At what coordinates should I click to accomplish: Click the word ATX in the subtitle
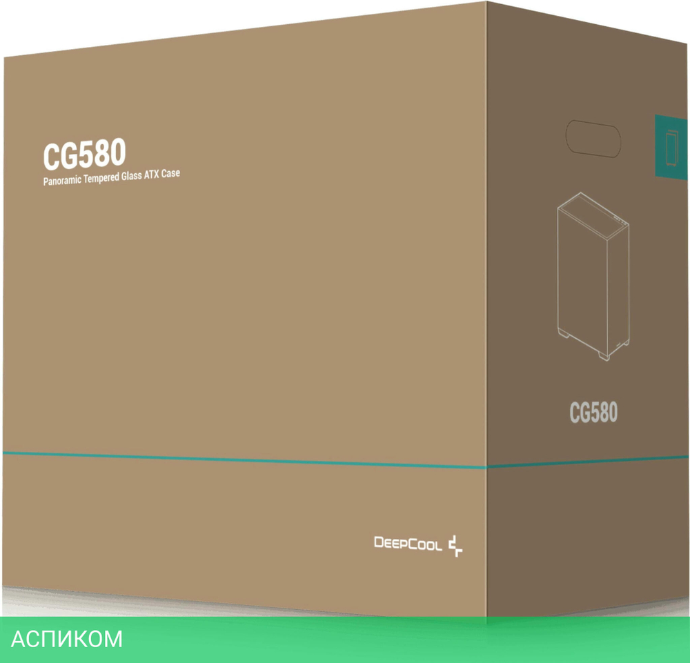pyautogui.click(x=157, y=175)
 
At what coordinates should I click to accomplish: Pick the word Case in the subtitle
pyautogui.click(x=172, y=175)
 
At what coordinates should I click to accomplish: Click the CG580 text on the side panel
pyautogui.click(x=593, y=412)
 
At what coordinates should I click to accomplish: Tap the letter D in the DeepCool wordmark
pyautogui.click(x=379, y=542)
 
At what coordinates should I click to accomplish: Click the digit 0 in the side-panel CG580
pyautogui.click(x=611, y=412)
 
